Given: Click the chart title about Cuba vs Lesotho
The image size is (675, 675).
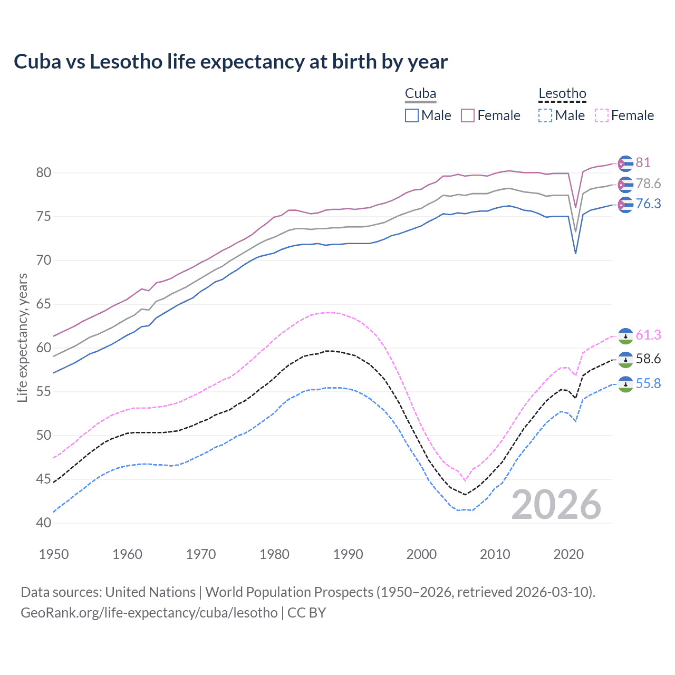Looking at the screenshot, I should coord(230,62).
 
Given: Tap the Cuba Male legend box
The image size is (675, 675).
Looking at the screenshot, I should coord(412,115).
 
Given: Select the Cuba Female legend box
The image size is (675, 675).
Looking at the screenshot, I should coord(468,115).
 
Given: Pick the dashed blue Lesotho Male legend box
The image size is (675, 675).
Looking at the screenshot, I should coord(545,115).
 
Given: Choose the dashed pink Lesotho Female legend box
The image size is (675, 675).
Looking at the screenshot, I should coord(602,115).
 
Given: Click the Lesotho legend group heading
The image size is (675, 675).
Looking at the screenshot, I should coord(562,94).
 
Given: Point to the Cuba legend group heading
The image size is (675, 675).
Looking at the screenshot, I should coord(420,94).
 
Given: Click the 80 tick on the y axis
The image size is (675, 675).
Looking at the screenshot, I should coord(44,173).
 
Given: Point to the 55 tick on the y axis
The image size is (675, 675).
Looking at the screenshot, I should coord(44,392).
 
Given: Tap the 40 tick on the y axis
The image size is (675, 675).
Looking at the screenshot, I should coord(44,523).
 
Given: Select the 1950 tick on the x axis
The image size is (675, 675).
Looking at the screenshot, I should coord(54,554).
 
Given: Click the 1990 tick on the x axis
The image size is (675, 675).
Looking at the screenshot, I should coord(348,554).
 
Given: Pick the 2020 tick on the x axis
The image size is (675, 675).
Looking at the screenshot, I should coord(568,554).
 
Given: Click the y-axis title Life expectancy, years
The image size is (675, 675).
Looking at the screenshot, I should coord(22,337).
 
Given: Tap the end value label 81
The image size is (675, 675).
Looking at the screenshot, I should coord(643,163).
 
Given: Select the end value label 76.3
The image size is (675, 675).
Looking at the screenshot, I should coord(648,204).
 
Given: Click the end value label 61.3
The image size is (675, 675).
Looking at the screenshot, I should coord(648,335).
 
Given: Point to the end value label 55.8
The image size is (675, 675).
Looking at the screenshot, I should coord(648,384).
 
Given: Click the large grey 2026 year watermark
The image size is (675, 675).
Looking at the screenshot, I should coord(556,505).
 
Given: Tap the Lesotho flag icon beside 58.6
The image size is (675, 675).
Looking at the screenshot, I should coord(625,360).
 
